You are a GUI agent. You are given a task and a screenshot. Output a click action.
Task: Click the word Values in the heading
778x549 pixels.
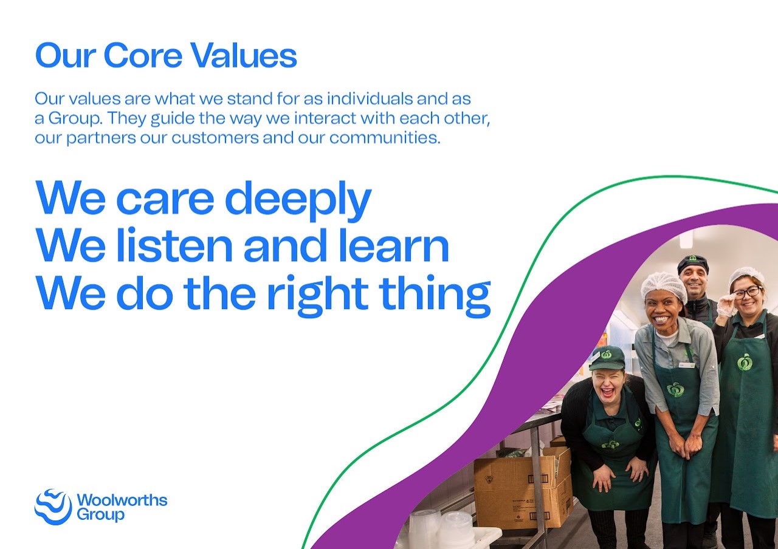coord(244,55)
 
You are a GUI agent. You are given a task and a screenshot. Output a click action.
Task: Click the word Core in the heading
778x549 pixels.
coord(143,55)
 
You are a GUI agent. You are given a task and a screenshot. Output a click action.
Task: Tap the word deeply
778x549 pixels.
coord(298,201)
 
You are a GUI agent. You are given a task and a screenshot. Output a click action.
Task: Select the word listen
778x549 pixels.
coord(174,245)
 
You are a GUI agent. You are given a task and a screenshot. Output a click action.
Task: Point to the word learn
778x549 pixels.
coord(399,245)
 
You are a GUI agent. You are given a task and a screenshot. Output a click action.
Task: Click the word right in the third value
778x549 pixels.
coord(318,296)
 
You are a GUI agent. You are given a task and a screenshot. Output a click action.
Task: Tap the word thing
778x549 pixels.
coord(435,296)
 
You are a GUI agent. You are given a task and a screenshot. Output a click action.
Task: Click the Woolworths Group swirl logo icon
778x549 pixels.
coord(53,506)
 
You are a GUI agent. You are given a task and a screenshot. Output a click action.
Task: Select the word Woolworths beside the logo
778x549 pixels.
coord(122,500)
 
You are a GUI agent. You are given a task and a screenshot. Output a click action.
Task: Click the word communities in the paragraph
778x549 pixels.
coord(385,138)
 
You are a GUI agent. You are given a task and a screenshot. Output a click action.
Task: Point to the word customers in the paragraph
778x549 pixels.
coord(215,138)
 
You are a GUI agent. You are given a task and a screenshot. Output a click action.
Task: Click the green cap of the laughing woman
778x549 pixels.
coord(607,358)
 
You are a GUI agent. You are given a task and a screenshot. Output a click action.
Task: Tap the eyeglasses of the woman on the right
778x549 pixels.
coord(747,293)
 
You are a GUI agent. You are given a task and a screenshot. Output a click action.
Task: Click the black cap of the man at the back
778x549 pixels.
coord(693,264)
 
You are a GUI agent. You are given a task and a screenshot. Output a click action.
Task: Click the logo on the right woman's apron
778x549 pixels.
coord(745,362)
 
